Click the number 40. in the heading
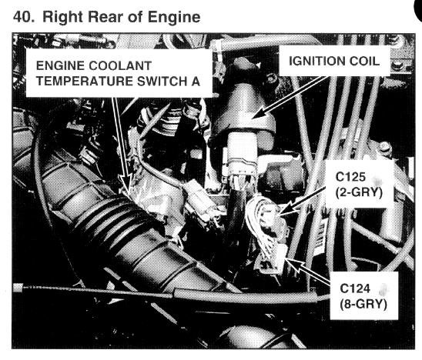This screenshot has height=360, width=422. click(x=24, y=17)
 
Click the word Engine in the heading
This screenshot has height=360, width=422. click(x=174, y=18)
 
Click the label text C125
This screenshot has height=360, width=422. click(x=350, y=177)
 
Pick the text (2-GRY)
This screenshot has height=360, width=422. click(x=359, y=192)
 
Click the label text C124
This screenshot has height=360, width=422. click(x=355, y=288)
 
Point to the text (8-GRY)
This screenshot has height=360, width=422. click(x=363, y=304)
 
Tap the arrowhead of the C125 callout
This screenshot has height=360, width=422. click(x=285, y=210)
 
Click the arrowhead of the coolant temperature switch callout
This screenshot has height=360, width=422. click(x=126, y=183)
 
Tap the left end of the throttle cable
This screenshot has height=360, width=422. click(x=18, y=288)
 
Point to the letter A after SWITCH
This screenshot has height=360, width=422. click(x=196, y=82)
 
